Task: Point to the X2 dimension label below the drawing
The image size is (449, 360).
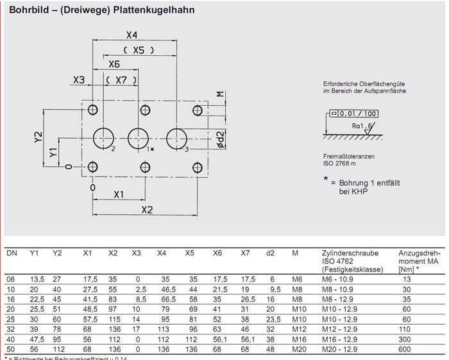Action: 148,210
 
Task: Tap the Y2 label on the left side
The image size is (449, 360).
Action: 38,136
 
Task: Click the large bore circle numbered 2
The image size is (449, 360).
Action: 103,138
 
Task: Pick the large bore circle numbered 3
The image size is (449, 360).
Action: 176,138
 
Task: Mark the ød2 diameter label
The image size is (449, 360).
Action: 220,138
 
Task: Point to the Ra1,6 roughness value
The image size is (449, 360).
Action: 362,127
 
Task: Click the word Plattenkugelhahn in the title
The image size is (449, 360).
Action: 154,10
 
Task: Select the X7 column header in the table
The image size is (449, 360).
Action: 245,253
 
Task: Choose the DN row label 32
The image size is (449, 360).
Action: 12,329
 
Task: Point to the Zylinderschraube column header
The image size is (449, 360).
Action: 347,253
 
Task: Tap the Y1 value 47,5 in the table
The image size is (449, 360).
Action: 37,338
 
